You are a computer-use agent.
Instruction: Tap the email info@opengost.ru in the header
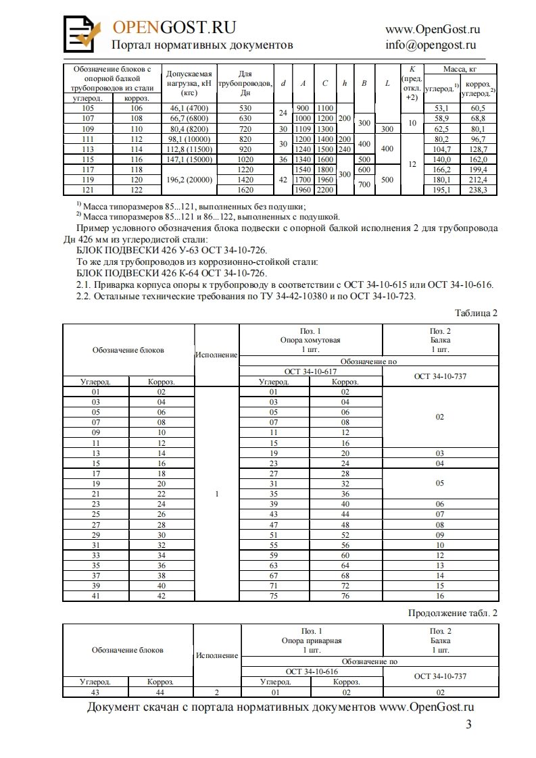click(431, 45)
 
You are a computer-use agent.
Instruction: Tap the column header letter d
click(283, 83)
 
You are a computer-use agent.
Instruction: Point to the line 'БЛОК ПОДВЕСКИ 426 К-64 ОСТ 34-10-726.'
click(172, 273)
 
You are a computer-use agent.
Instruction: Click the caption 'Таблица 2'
click(476, 313)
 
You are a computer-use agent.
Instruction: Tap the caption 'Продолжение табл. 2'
click(453, 613)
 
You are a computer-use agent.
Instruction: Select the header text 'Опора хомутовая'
click(310, 340)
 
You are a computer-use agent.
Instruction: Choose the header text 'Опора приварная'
click(312, 640)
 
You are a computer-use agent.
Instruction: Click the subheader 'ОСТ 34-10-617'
click(310, 372)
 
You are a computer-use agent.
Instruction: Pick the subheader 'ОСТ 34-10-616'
click(312, 672)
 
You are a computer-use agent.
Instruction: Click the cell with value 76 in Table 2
click(345, 596)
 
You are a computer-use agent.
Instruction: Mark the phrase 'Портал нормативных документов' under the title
click(202, 45)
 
